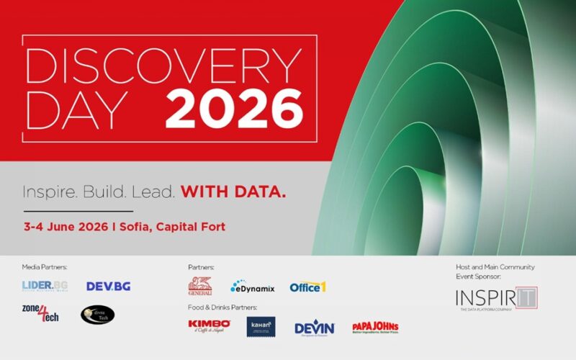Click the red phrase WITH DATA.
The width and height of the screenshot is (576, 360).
[233, 192]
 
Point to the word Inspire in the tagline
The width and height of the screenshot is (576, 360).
[50, 192]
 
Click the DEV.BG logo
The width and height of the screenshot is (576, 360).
[108, 286]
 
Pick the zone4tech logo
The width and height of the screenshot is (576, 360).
[40, 315]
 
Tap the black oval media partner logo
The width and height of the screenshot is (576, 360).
[97, 315]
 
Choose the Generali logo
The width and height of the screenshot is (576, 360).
[200, 286]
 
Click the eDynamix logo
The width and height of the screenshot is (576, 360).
[252, 287]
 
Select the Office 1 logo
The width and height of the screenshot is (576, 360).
[308, 287]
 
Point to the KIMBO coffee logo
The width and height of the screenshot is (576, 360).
[209, 326]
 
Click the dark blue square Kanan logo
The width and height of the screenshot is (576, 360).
[261, 327]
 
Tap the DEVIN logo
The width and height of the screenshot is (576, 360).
[315, 328]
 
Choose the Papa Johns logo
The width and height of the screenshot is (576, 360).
[375, 328]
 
